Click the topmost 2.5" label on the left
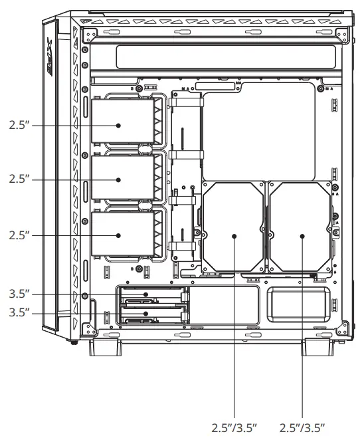pyautogui.click(x=20, y=125)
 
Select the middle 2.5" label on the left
pyautogui.click(x=20, y=180)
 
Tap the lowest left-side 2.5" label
pyautogui.click(x=20, y=235)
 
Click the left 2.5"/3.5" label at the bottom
pyautogui.click(x=234, y=425)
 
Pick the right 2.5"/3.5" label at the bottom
pyautogui.click(x=303, y=425)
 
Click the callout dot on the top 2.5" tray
pyautogui.click(x=118, y=125)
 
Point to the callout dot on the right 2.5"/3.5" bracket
pyautogui.click(x=302, y=236)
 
